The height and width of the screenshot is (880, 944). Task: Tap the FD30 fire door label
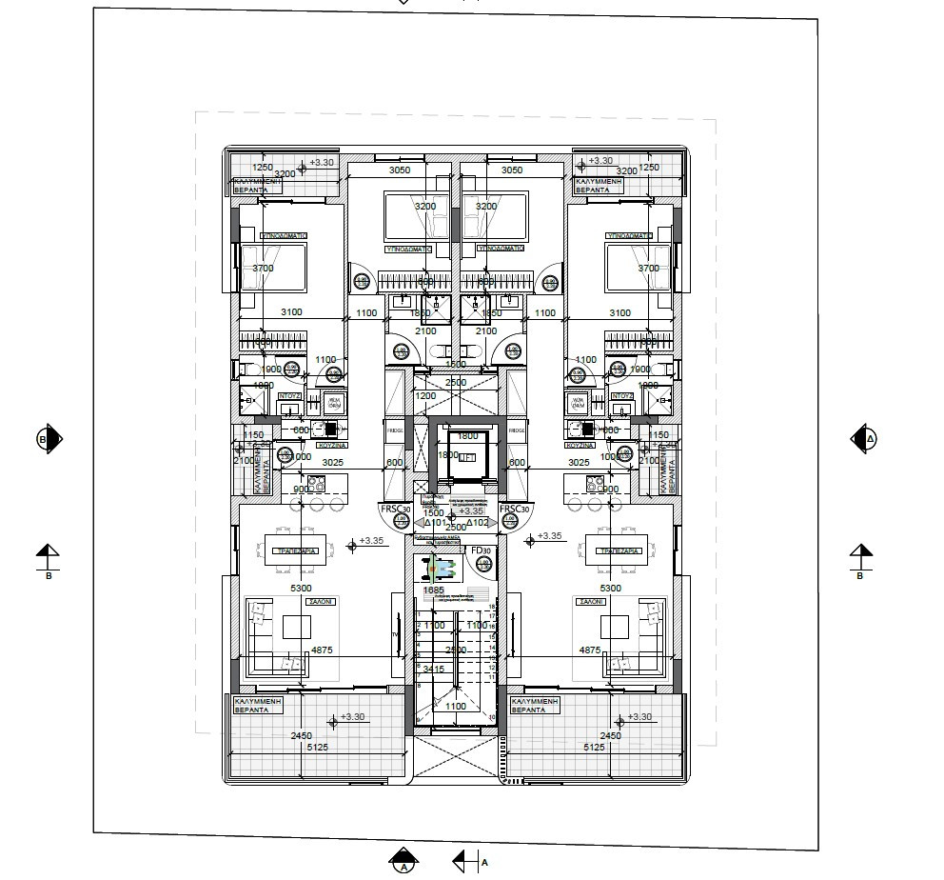481,551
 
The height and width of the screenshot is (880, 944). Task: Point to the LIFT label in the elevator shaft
466,457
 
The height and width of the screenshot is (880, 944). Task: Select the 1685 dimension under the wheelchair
433,590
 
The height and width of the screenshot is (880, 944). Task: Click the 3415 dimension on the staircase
433,670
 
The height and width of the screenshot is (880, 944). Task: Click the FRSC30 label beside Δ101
394,510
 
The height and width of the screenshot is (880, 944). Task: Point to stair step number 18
492,607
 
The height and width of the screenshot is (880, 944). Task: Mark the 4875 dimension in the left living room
322,650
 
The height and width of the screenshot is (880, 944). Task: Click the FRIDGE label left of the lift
396,430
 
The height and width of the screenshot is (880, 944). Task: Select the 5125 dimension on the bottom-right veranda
593,748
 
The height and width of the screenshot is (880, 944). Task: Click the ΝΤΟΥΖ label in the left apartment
290,395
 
